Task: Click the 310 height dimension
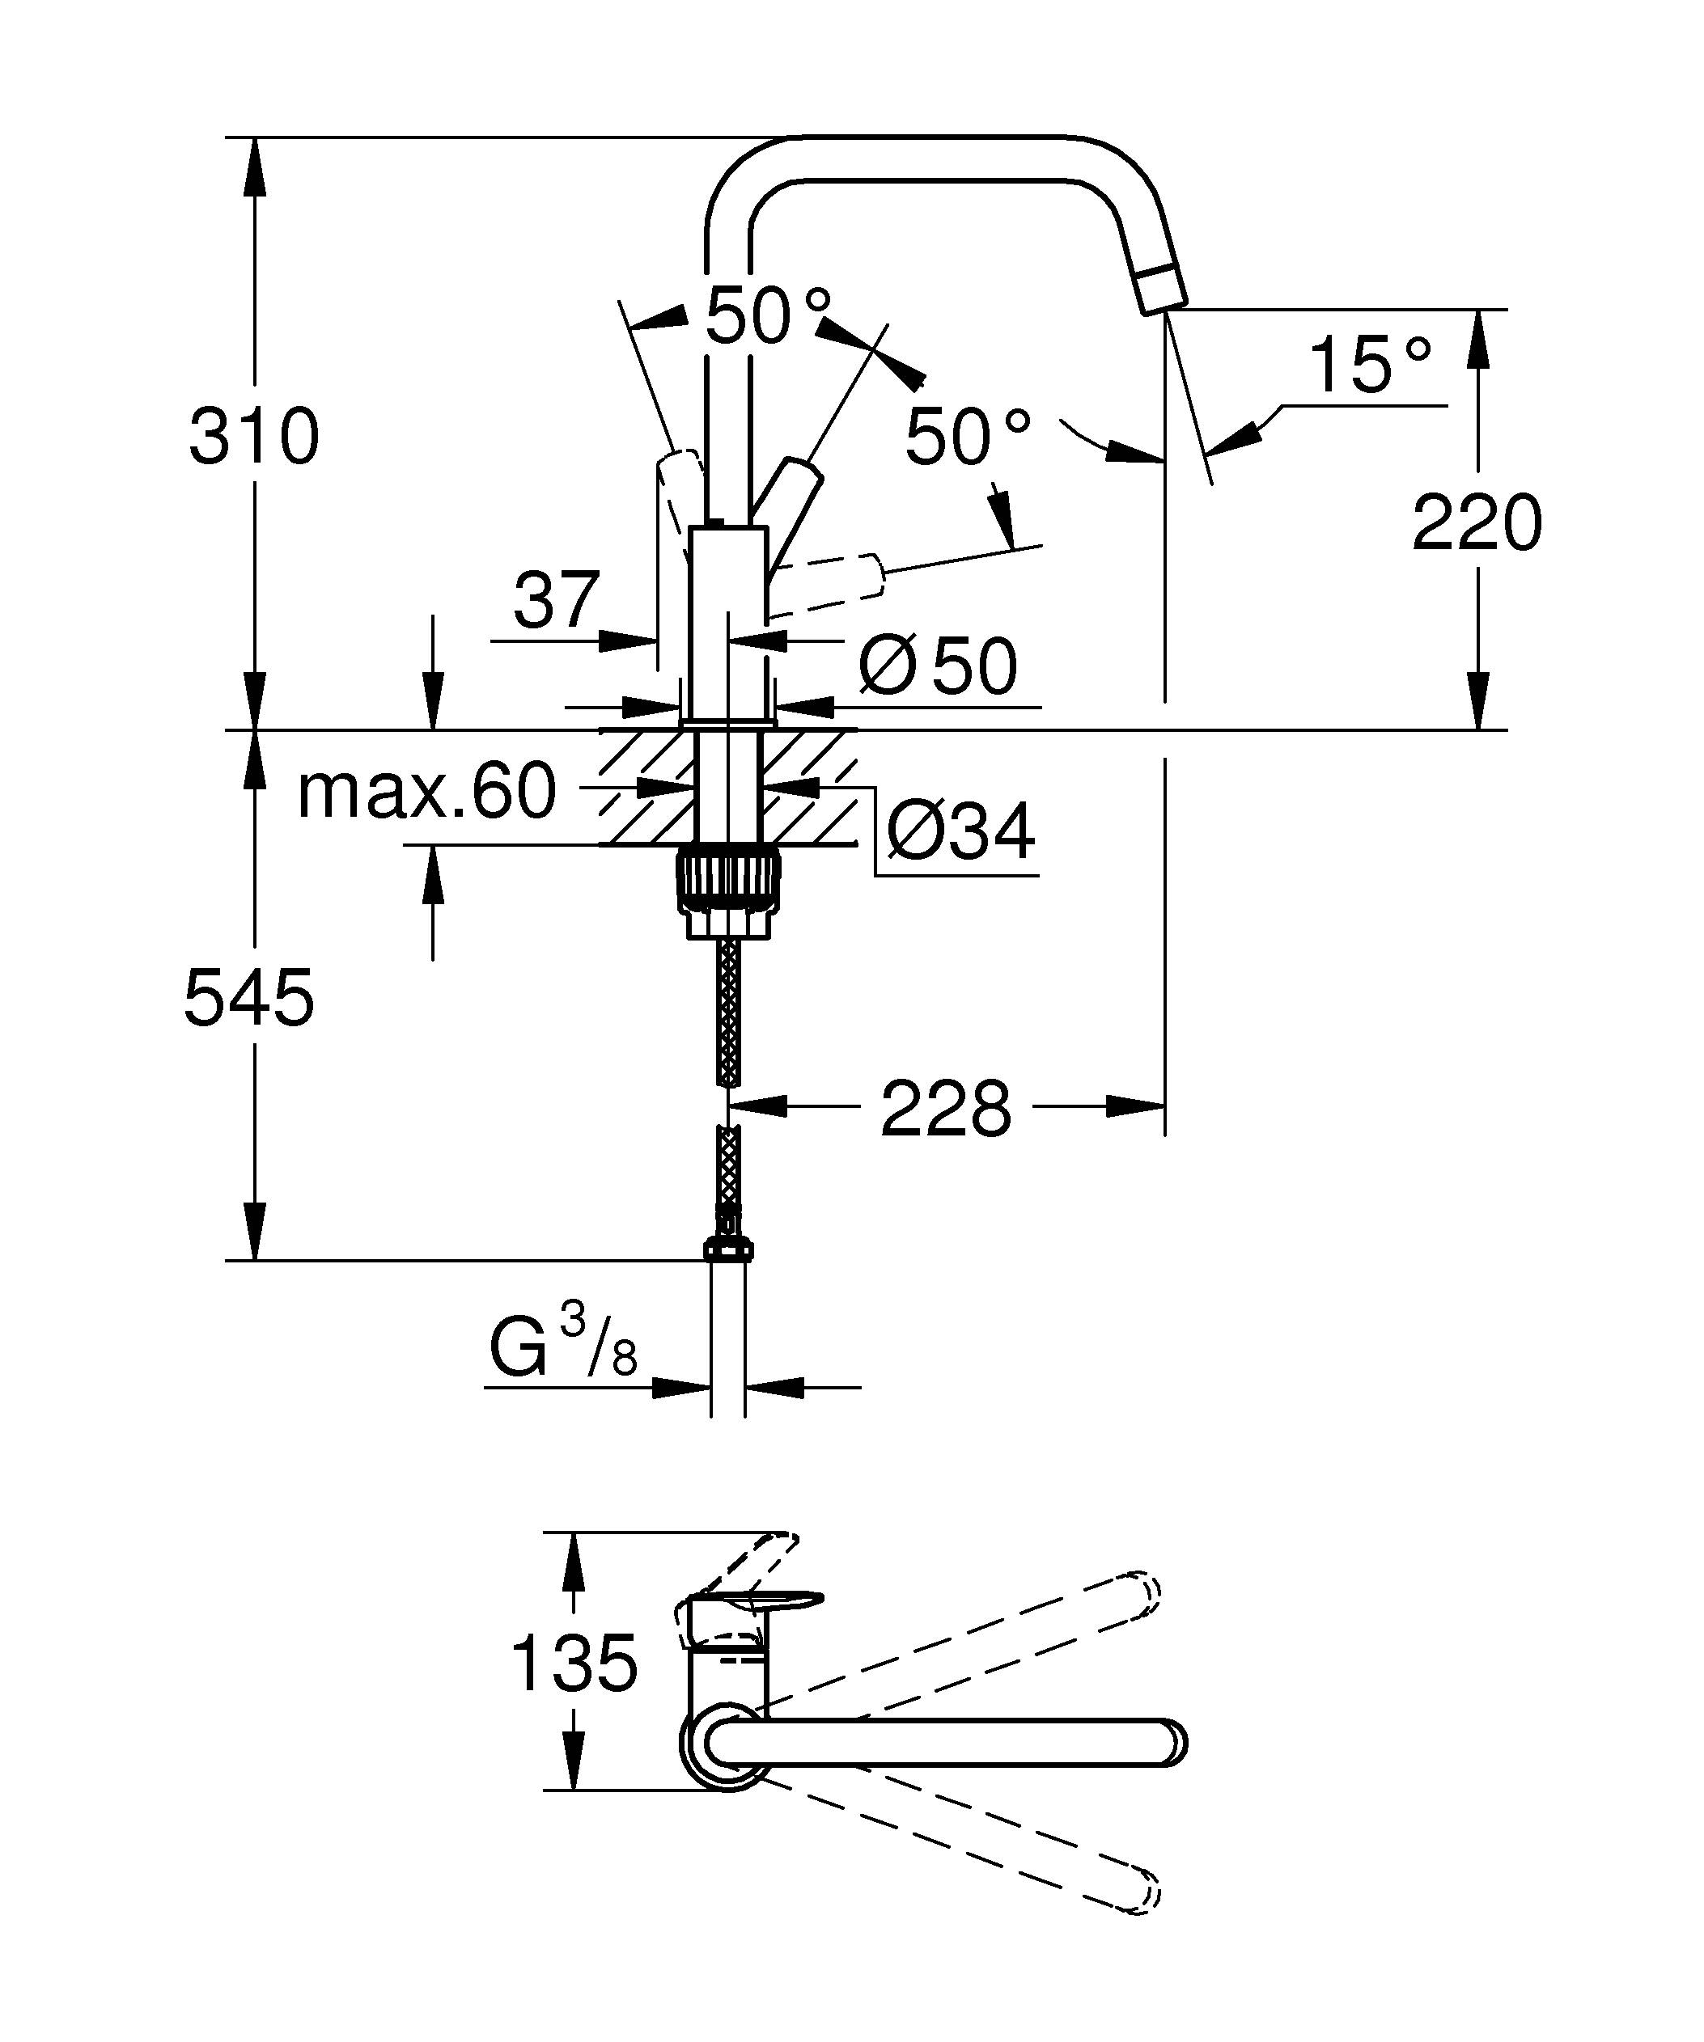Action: click(x=254, y=438)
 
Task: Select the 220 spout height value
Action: click(x=1477, y=523)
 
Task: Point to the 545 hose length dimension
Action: click(x=249, y=999)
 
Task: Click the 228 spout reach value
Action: click(x=945, y=1109)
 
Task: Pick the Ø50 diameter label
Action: click(x=938, y=667)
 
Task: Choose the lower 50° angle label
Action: click(x=967, y=438)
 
